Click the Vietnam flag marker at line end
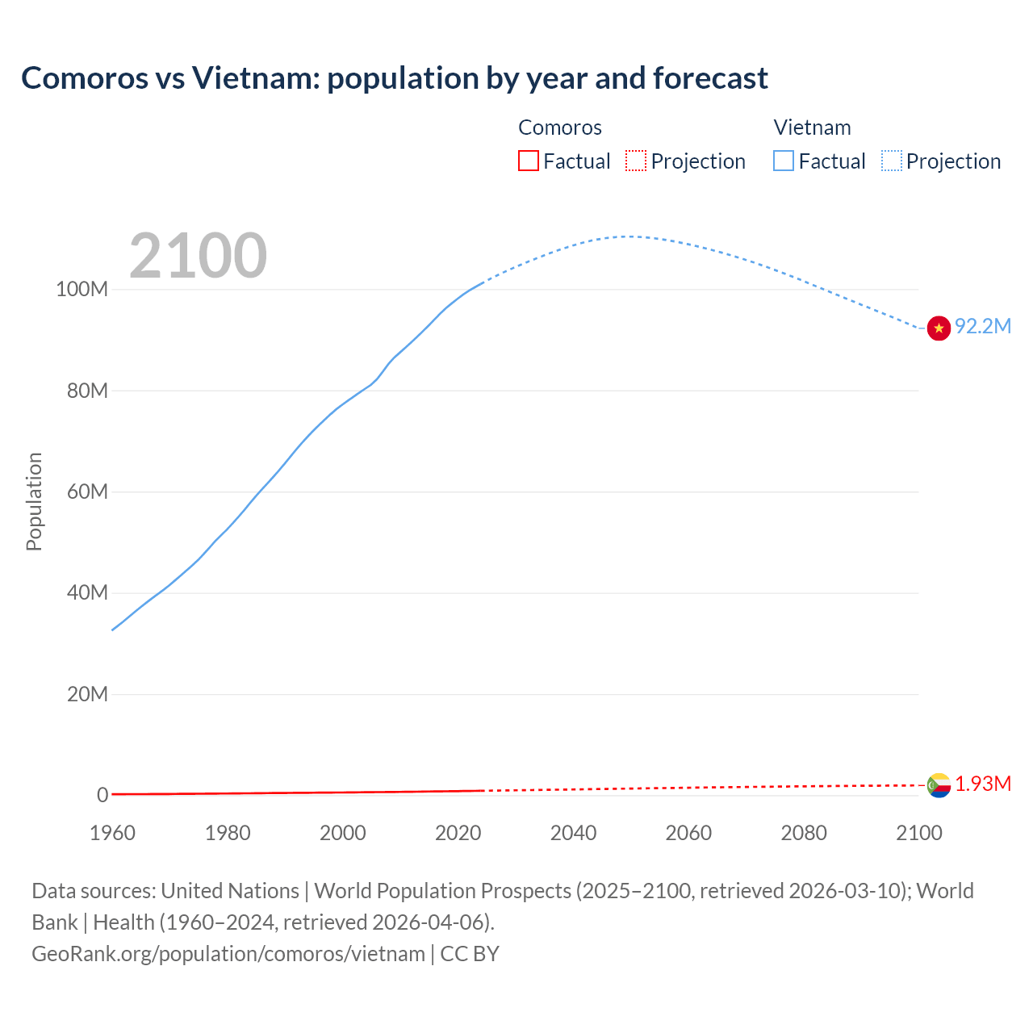(939, 328)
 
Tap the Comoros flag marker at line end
(939, 784)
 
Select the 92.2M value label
(982, 326)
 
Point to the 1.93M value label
(983, 784)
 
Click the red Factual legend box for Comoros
(528, 161)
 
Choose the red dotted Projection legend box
(636, 161)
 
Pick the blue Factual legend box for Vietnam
(784, 161)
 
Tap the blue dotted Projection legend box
(892, 161)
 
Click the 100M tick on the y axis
(82, 289)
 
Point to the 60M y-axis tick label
(86, 491)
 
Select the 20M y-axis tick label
(86, 694)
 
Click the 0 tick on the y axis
(102, 795)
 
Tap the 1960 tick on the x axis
(112, 833)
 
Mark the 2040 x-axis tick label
(573, 833)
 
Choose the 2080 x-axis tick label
(804, 833)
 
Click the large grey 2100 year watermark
(198, 256)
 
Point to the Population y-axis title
(34, 501)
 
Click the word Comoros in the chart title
(85, 78)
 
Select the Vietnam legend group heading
(812, 128)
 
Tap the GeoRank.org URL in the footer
(228, 953)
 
